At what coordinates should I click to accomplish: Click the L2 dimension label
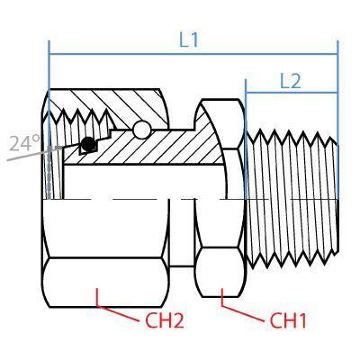point(290,80)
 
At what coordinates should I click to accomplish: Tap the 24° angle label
point(24,143)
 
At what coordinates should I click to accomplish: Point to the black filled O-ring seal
point(86,144)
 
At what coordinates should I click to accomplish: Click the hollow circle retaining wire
point(141,130)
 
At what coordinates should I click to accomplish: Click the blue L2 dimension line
point(290,93)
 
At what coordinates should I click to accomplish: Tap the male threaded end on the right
point(292,198)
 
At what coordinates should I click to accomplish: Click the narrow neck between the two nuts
point(183,234)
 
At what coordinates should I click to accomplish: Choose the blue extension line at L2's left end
point(246,108)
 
